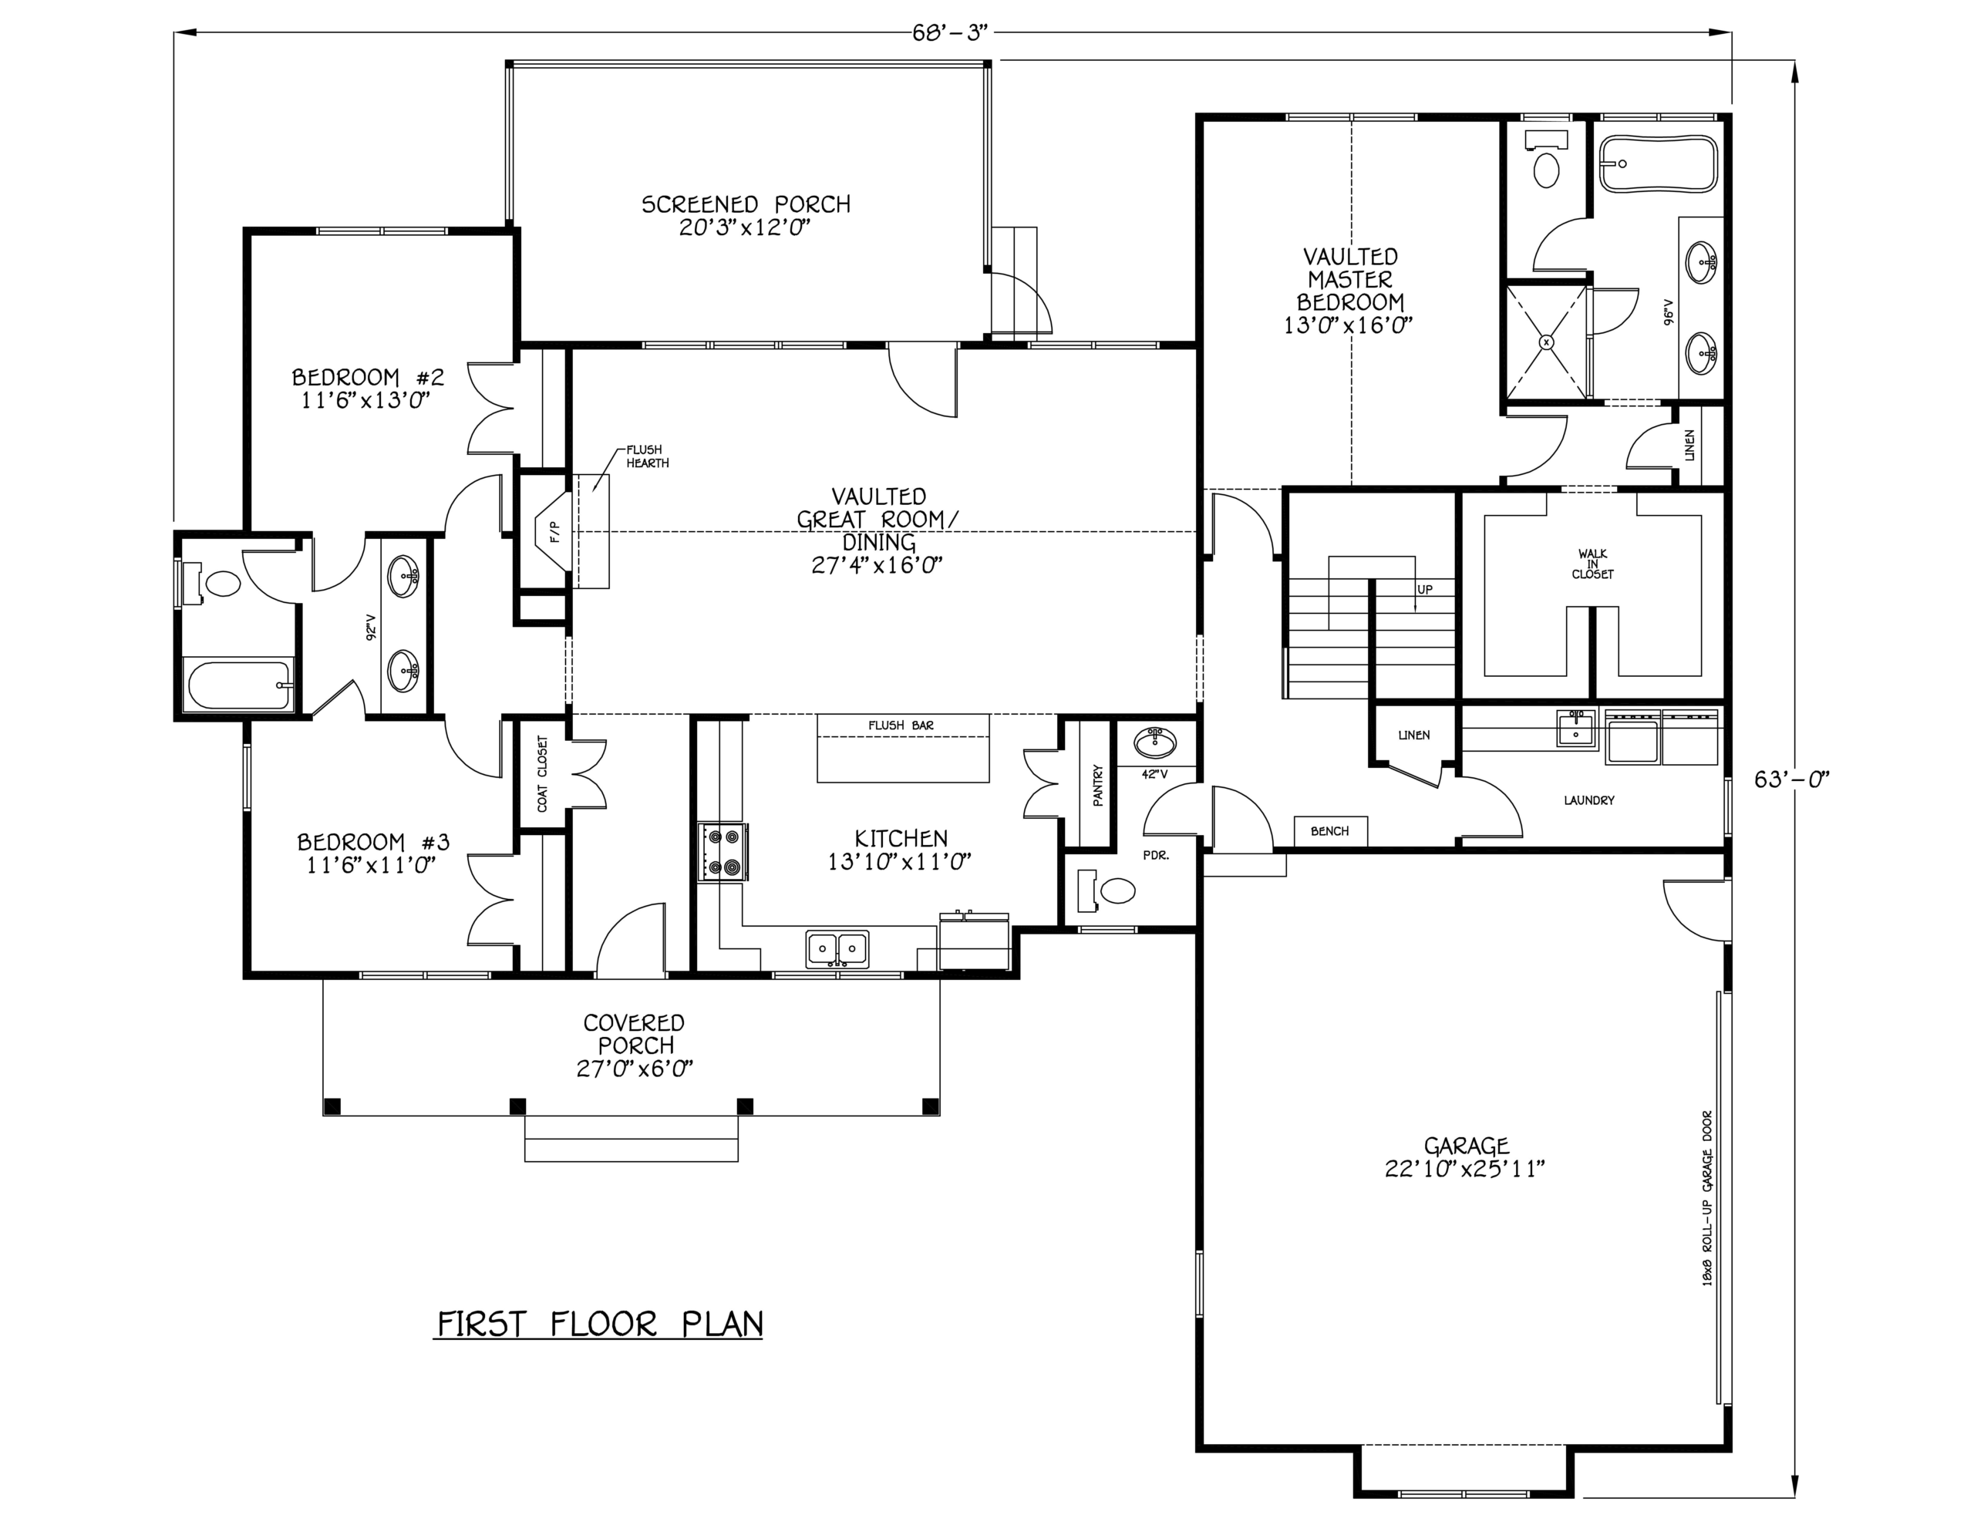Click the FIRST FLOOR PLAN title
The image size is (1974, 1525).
pyautogui.click(x=600, y=1325)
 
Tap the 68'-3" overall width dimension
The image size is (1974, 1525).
pyautogui.click(x=952, y=33)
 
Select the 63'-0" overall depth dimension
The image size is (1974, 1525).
pyautogui.click(x=1792, y=779)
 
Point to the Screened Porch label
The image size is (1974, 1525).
pyautogui.click(x=746, y=204)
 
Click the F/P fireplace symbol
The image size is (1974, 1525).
pyautogui.click(x=551, y=533)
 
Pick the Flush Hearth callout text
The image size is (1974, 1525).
pyautogui.click(x=647, y=456)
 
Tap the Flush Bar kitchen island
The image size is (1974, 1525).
pyautogui.click(x=903, y=749)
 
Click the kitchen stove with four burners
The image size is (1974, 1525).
pyautogui.click(x=723, y=853)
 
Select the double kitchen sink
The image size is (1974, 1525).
pyautogui.click(x=837, y=948)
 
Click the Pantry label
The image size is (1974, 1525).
pyautogui.click(x=1097, y=785)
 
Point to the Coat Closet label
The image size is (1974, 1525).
pyautogui.click(x=542, y=774)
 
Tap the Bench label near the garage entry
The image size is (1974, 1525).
pyautogui.click(x=1329, y=831)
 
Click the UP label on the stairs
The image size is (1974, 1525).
pyautogui.click(x=1424, y=589)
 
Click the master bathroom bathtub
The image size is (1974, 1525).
pyautogui.click(x=1658, y=163)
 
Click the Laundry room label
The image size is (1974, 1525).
pyautogui.click(x=1589, y=800)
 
